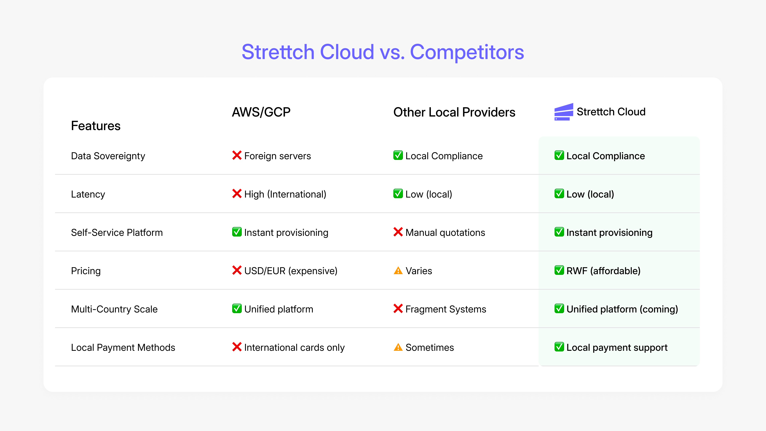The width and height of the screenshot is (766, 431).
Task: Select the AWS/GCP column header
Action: tap(261, 112)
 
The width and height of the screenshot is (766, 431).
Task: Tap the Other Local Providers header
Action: tap(454, 112)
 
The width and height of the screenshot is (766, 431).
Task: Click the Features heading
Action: tap(96, 126)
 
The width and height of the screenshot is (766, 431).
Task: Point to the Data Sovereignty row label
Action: tap(108, 156)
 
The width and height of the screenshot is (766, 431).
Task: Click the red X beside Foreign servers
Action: tap(237, 155)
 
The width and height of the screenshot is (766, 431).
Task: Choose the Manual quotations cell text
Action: tap(445, 233)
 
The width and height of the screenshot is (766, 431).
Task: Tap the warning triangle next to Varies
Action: tap(398, 271)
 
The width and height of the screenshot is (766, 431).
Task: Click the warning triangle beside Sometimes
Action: tap(398, 347)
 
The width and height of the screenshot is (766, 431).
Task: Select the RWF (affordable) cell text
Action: tap(603, 271)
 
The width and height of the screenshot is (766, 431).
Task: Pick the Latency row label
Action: tap(88, 194)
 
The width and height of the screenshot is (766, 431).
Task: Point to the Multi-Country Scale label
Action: tap(114, 309)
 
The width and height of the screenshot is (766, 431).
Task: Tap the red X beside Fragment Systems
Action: tap(398, 308)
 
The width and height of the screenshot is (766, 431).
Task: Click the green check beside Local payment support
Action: tap(559, 347)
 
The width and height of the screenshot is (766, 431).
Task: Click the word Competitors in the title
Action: tap(467, 52)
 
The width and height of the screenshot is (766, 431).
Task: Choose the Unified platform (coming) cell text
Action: tap(622, 309)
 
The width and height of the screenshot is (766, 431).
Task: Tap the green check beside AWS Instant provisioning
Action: tap(237, 232)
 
